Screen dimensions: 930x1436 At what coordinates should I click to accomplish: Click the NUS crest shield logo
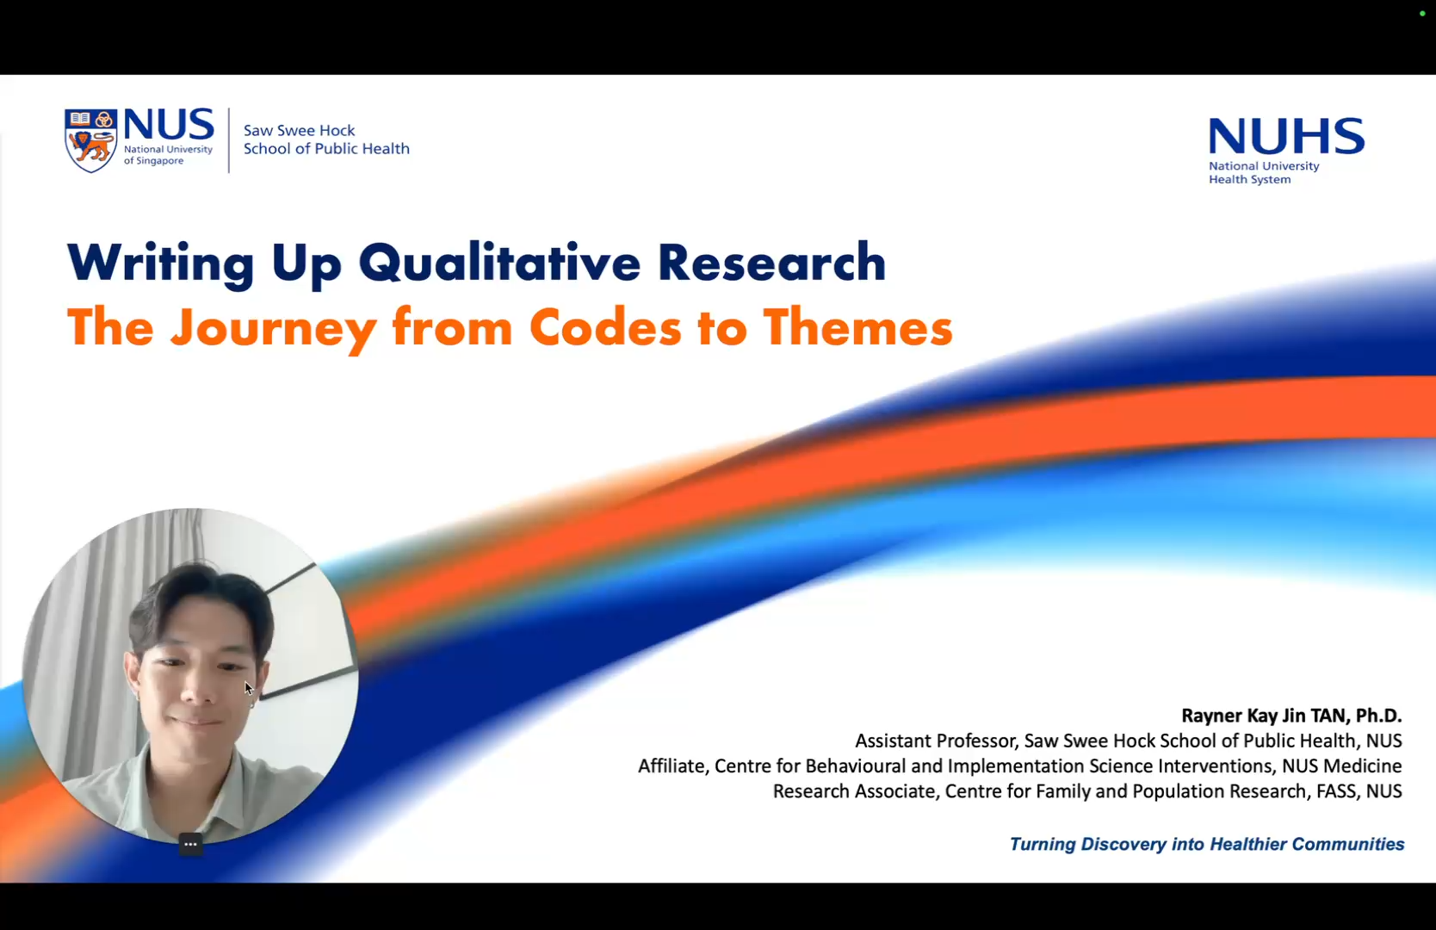point(91,139)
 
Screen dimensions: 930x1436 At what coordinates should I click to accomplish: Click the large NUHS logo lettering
point(1285,136)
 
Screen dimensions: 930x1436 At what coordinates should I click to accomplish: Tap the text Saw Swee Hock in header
point(299,130)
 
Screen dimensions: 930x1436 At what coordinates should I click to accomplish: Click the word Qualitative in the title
point(499,263)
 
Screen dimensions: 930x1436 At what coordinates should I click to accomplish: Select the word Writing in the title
point(160,263)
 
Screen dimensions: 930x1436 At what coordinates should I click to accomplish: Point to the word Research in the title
point(771,263)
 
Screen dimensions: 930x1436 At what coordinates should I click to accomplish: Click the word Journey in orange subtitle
point(273,329)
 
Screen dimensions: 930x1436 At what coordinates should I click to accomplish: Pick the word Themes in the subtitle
point(857,328)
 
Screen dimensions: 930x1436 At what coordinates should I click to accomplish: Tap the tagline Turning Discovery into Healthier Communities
point(1206,844)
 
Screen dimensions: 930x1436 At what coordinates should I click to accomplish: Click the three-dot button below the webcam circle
point(190,844)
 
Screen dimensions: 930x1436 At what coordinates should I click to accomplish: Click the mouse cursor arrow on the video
point(248,687)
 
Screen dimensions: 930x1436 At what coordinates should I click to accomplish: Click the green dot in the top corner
point(1422,14)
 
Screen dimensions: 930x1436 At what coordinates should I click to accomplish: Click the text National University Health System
point(1263,172)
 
